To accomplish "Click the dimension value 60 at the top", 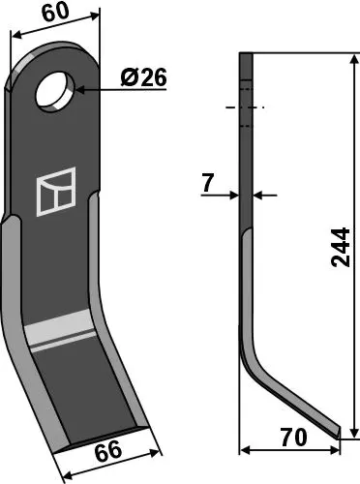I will click(55, 13).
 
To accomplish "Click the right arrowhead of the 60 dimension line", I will click(98, 17).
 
